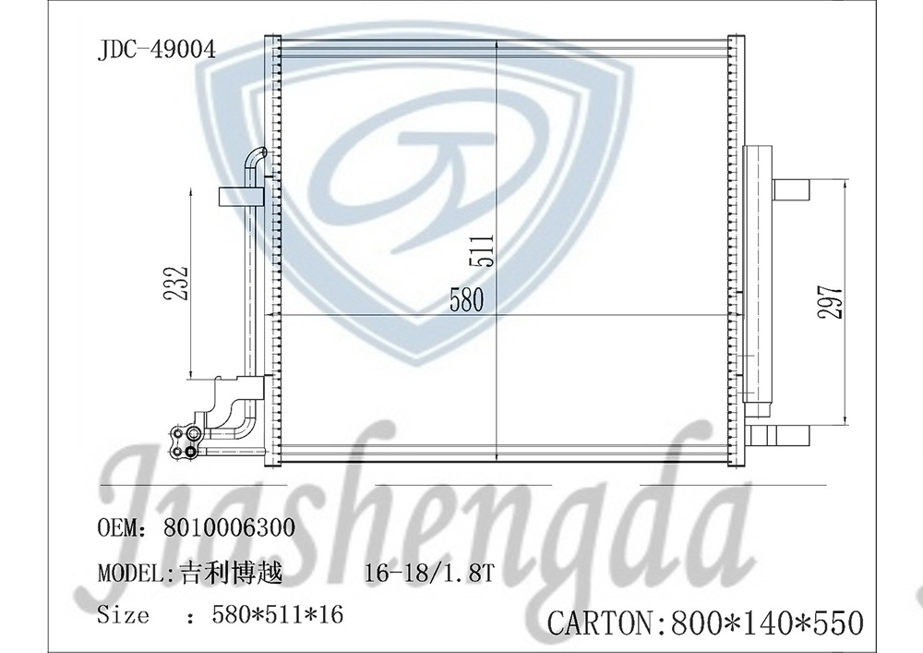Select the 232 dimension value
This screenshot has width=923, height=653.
[179, 283]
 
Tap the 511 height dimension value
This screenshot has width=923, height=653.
[485, 249]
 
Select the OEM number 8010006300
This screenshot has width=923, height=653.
[229, 528]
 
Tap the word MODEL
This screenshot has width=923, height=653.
[130, 573]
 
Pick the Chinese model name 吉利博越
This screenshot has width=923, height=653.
[227, 573]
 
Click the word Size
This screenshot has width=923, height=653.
[123, 614]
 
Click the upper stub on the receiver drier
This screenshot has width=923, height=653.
[791, 189]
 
